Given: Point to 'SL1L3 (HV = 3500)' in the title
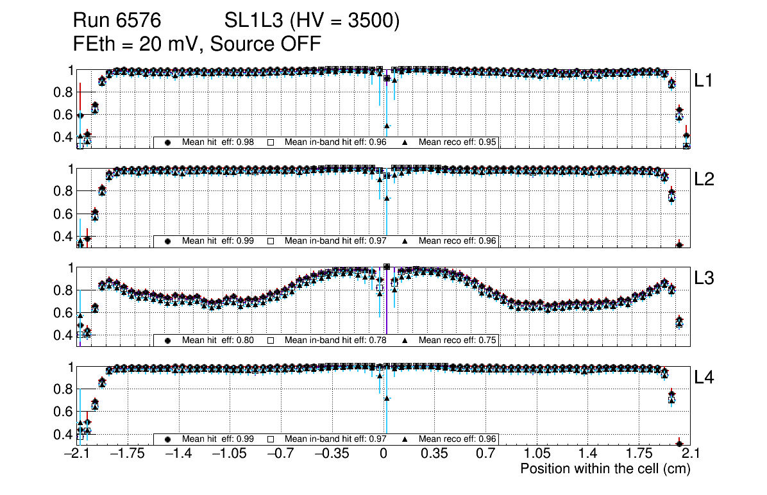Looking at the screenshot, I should point(312,21).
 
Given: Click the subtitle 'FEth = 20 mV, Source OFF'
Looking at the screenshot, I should point(197,44).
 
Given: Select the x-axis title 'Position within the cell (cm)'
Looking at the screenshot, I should point(605,469).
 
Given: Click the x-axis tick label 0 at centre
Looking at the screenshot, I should point(383,454).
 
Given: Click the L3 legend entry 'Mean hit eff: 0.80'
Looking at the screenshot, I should point(218,340).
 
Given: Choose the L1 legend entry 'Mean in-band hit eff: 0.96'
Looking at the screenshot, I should point(335,142).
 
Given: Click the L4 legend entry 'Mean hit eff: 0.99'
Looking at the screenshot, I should point(218,439).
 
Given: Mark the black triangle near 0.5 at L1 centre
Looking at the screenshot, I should point(387,126).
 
